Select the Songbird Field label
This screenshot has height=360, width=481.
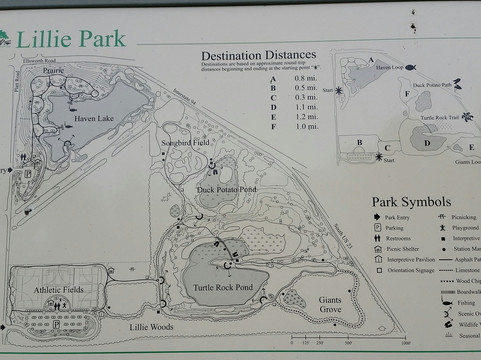pos(186,143)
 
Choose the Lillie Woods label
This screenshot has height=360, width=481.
pos(151,327)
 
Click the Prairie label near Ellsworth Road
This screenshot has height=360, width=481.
pos(55,71)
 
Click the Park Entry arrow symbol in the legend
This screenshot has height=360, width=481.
pos(378,216)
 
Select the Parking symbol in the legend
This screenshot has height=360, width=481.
pos(378,227)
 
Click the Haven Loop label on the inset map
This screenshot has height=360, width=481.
pos(389,69)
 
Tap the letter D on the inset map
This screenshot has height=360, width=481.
pos(428,141)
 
